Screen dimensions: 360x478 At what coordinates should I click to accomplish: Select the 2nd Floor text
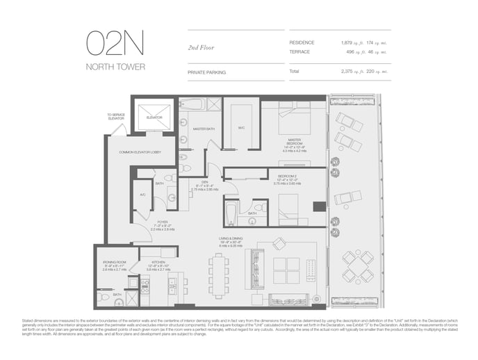[202, 47]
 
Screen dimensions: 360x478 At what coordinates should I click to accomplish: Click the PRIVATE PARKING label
[206, 72]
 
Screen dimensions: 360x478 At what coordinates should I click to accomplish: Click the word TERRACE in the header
[300, 51]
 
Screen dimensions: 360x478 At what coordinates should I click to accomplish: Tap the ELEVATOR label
[154, 117]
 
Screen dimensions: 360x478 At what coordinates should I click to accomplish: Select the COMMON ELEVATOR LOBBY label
[140, 152]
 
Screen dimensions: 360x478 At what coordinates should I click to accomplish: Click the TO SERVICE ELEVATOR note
[116, 117]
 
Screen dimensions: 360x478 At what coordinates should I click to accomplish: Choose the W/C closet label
[241, 127]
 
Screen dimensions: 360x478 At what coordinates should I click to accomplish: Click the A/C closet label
[142, 195]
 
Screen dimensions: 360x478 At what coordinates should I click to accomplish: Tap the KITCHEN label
[157, 263]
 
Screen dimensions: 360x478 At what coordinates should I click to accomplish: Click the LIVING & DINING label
[229, 240]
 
